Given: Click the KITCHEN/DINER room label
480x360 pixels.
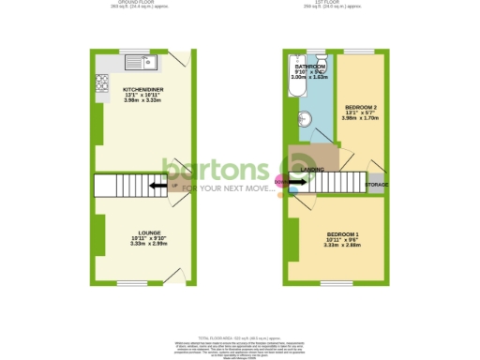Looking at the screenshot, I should pyautogui.click(x=143, y=90).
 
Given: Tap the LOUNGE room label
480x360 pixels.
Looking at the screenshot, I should pyautogui.click(x=149, y=232).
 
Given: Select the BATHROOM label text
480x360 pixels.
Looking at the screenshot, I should pyautogui.click(x=310, y=67).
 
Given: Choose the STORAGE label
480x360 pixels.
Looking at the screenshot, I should pyautogui.click(x=377, y=185).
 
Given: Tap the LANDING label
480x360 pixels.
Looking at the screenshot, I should pyautogui.click(x=313, y=170).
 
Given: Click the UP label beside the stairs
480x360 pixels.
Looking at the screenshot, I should pyautogui.click(x=174, y=184).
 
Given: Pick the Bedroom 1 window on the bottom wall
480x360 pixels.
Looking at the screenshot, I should pyautogui.click(x=337, y=283).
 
